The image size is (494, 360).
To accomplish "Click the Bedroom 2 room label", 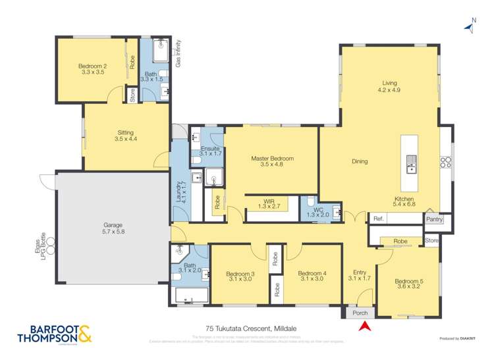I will [92, 66].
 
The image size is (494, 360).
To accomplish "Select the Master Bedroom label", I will [271, 159].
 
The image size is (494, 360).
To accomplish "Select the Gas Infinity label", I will [178, 53].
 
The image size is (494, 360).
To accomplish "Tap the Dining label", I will [360, 161].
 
